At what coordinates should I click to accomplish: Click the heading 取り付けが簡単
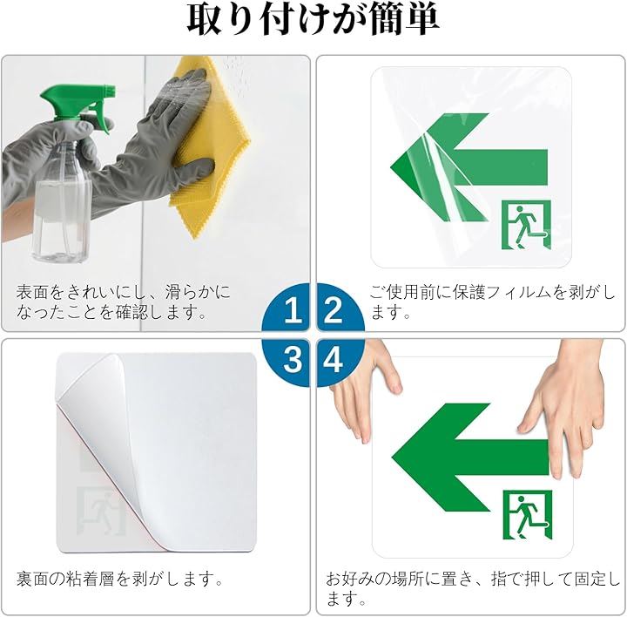pyautogui.click(x=313, y=19)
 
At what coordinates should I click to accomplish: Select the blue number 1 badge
pyautogui.click(x=286, y=307)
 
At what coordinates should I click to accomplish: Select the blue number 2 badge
pyautogui.click(x=340, y=307)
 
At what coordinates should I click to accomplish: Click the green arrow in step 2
pyautogui.click(x=469, y=167)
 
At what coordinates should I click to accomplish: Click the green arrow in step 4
pyautogui.click(x=470, y=458)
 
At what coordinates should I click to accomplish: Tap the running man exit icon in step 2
pyautogui.click(x=526, y=225)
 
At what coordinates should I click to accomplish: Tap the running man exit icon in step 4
pyautogui.click(x=528, y=514)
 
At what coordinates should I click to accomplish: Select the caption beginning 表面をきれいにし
pyautogui.click(x=124, y=302)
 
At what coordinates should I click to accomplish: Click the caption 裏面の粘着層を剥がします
pyautogui.click(x=120, y=579)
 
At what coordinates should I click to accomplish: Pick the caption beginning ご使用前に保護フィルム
pyautogui.click(x=492, y=302)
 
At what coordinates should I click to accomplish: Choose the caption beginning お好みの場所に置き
pyautogui.click(x=473, y=588)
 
